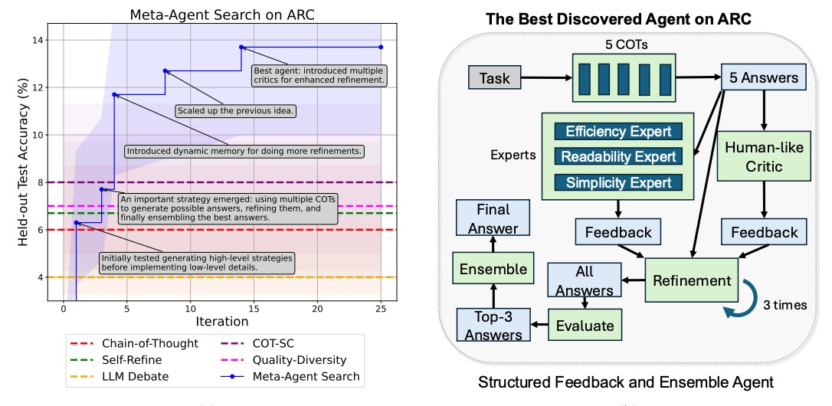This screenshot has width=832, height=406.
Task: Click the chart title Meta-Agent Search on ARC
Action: [222, 15]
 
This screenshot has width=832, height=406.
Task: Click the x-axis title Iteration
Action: [222, 322]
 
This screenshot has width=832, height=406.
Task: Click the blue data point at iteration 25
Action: [381, 47]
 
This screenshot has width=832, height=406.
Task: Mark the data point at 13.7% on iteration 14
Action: [241, 47]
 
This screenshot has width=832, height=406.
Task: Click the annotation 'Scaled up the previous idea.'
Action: [236, 111]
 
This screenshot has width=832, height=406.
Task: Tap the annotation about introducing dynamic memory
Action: [244, 151]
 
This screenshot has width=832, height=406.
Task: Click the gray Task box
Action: [495, 78]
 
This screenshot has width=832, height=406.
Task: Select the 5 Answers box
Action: [764, 78]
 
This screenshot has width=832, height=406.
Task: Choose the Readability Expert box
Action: [618, 156]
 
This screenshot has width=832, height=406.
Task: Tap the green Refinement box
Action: [691, 280]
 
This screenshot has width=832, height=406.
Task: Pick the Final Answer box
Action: [493, 218]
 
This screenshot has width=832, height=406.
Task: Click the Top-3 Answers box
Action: [493, 325]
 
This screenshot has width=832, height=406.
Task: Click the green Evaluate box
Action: [585, 325]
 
